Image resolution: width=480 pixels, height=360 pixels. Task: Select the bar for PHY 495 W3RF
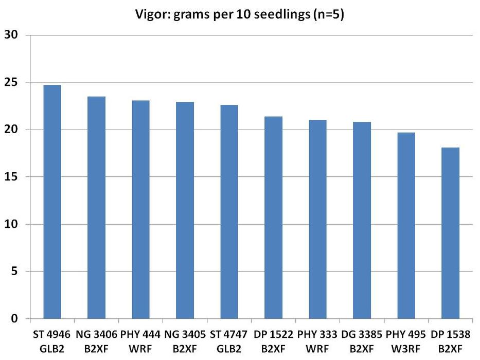(406, 226)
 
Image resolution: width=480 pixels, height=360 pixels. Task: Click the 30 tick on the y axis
(11, 35)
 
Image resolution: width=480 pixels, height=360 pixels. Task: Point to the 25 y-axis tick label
(11, 82)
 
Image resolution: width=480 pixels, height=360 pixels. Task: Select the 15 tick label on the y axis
(11, 177)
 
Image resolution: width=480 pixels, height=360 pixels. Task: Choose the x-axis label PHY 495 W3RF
(406, 340)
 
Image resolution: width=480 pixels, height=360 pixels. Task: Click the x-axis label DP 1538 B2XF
(450, 340)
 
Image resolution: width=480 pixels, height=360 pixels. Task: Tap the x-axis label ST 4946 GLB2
(52, 340)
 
